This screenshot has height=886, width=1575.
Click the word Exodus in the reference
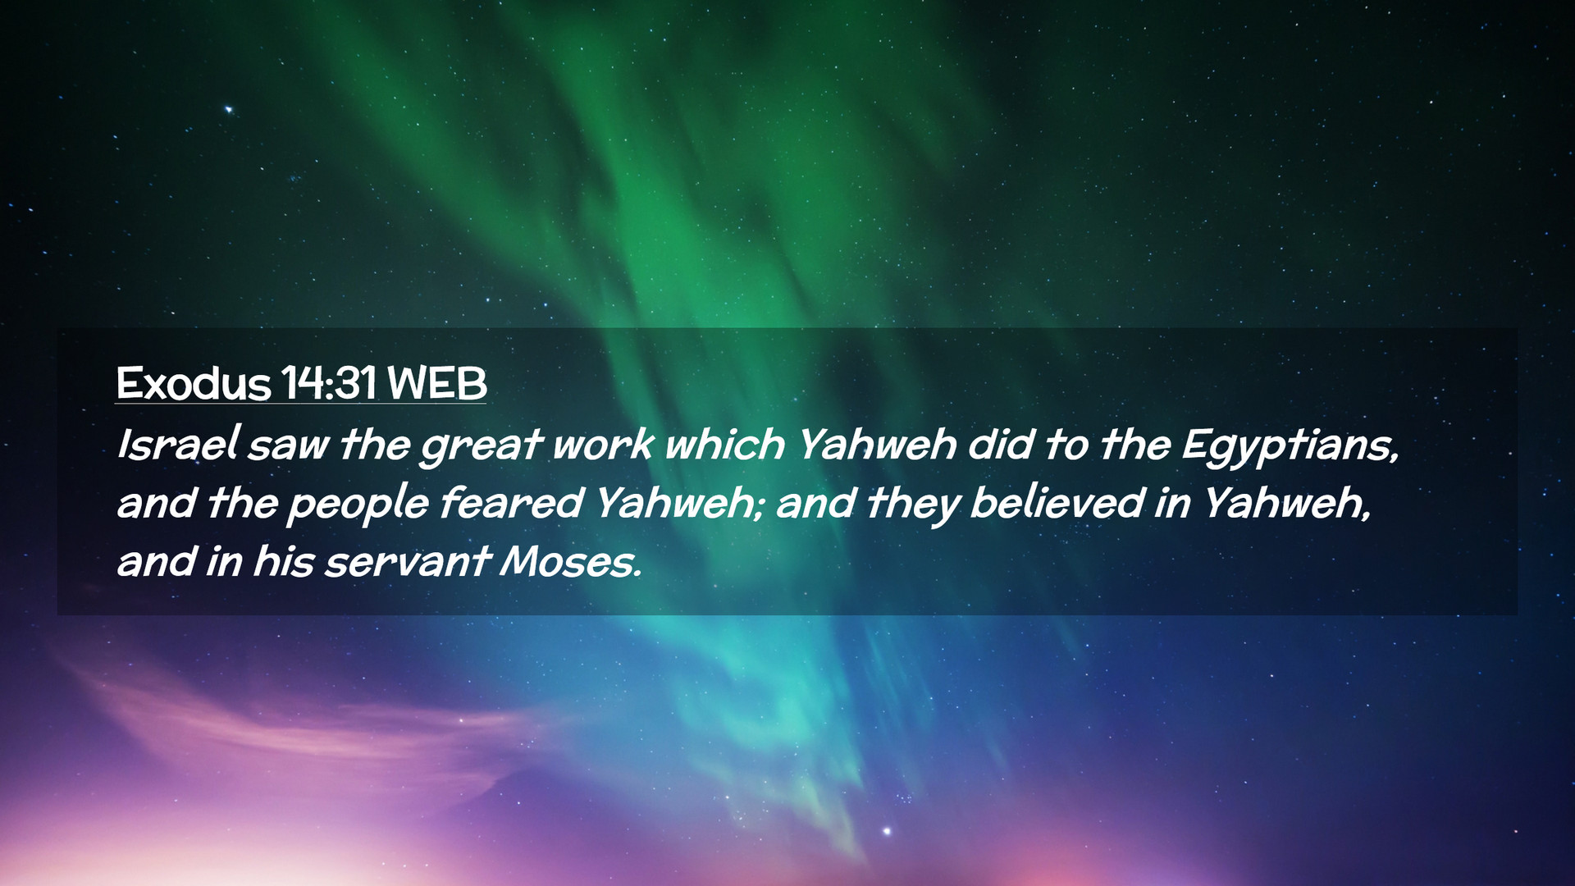193,383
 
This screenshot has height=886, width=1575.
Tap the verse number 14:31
328,383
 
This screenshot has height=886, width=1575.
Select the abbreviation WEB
436,383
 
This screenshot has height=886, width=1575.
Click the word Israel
176,445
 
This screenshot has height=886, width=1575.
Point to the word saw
287,448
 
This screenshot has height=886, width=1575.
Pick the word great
480,448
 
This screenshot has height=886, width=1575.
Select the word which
724,445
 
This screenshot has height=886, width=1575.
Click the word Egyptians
1290,448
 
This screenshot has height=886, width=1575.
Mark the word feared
511,503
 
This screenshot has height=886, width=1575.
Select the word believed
1057,503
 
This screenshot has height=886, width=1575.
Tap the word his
282,562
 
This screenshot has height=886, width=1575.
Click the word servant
408,564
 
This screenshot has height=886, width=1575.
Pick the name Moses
570,562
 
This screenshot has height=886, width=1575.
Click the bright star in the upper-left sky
229,109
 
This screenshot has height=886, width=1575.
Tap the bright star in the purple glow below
887,832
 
